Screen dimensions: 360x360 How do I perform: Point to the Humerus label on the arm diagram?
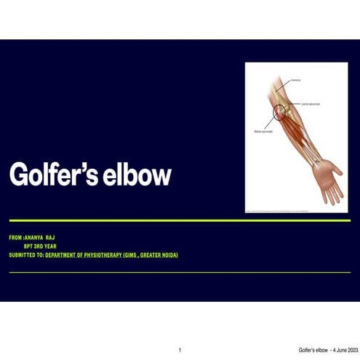(x=297, y=79)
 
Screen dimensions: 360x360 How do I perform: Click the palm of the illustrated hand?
(x=326, y=177)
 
